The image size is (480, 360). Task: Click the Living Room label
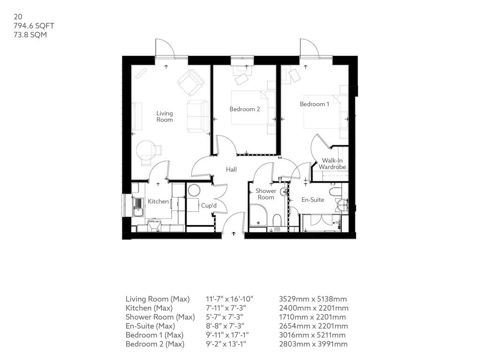pyautogui.click(x=165, y=117)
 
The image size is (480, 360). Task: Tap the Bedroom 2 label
pyautogui.click(x=245, y=109)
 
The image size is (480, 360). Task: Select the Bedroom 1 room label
pyautogui.click(x=315, y=104)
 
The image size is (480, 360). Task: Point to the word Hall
pyautogui.click(x=231, y=169)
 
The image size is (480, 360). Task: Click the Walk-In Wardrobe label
pyautogui.click(x=332, y=164)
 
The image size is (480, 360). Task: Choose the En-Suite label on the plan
pyautogui.click(x=313, y=200)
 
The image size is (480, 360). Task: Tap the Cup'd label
pyautogui.click(x=209, y=205)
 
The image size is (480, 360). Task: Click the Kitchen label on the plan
pyautogui.click(x=158, y=202)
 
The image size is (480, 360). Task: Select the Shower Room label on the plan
pyautogui.click(x=266, y=194)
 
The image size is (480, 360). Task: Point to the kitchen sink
pyautogui.click(x=138, y=207)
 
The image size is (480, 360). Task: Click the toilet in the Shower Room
pyautogui.click(x=277, y=220)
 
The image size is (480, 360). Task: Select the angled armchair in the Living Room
pyautogui.click(x=191, y=82)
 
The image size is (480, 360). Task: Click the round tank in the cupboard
pyautogui.click(x=194, y=190)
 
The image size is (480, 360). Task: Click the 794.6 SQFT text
pyautogui.click(x=34, y=26)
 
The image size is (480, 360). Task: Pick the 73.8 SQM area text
pyautogui.click(x=30, y=35)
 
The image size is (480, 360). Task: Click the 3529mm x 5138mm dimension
pyautogui.click(x=313, y=299)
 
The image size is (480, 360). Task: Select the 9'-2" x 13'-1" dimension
pyautogui.click(x=226, y=344)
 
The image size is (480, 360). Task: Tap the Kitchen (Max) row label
pyautogui.click(x=149, y=308)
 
